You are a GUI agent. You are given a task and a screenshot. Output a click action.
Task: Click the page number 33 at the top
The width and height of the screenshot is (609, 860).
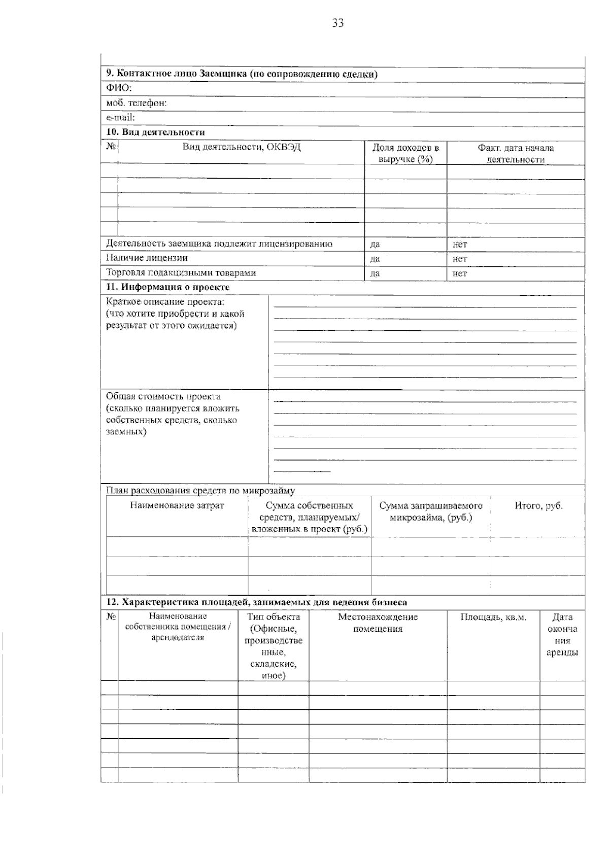point(338,23)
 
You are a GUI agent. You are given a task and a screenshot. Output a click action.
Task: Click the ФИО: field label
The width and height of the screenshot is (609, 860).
point(119,88)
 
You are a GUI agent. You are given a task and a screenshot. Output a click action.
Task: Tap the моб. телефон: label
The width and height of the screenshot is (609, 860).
point(136,103)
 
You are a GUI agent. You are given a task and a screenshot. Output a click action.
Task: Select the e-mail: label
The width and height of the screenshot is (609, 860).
point(120,117)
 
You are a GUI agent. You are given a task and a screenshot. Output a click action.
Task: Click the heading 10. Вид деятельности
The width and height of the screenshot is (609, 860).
point(155,132)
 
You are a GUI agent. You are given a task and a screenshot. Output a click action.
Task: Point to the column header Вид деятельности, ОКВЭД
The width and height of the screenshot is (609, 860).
point(242,148)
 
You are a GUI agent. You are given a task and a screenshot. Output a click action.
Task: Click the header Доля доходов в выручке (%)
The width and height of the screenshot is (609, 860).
point(405,153)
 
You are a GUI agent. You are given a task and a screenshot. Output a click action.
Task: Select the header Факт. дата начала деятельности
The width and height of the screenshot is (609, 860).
point(516,153)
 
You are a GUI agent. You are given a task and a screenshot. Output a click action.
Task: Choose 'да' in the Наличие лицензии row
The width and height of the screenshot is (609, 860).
point(375,258)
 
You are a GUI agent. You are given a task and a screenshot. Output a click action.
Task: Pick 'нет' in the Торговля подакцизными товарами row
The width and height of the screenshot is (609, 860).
point(460,273)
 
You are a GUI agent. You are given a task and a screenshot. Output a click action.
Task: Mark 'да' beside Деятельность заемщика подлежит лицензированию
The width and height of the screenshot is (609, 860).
point(375,244)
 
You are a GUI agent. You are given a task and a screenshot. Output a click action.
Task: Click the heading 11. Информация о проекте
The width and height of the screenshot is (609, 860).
point(167,287)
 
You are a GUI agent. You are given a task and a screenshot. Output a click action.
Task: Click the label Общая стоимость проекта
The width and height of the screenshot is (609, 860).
point(163,396)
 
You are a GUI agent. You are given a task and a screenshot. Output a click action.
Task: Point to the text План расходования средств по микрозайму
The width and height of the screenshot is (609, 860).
point(200,491)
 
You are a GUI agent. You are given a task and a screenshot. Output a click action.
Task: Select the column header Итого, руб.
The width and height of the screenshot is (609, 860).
point(538,506)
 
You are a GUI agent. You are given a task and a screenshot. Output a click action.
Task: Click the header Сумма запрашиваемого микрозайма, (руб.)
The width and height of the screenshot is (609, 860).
point(431,511)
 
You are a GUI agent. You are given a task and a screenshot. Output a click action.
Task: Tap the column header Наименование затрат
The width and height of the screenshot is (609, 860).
point(177,505)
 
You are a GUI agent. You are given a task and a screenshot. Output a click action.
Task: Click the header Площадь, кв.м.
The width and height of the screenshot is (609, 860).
point(493,617)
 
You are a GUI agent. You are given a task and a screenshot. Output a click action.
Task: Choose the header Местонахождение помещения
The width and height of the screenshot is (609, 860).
point(378,623)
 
